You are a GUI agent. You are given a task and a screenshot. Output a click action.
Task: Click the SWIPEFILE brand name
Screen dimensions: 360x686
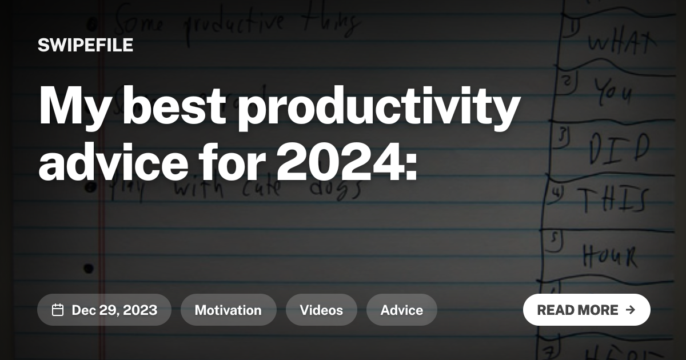click(85, 45)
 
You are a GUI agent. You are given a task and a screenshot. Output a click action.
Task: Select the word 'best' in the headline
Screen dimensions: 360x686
click(173, 107)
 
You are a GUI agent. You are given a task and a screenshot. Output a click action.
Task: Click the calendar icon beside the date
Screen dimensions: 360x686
click(58, 310)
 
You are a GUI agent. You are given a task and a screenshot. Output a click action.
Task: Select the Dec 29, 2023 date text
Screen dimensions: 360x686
click(114, 310)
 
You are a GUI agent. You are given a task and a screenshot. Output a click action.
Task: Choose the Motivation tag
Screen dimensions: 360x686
click(228, 310)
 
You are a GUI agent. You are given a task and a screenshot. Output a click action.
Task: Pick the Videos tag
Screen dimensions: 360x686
click(321, 310)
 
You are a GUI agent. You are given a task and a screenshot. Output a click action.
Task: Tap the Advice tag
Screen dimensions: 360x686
click(402, 310)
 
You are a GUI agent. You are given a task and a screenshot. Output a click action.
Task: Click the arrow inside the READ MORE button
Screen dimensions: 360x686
click(631, 310)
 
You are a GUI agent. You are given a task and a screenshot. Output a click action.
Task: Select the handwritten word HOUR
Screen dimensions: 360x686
click(610, 255)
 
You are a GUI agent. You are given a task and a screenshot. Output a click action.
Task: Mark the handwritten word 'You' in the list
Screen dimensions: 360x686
click(612, 90)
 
